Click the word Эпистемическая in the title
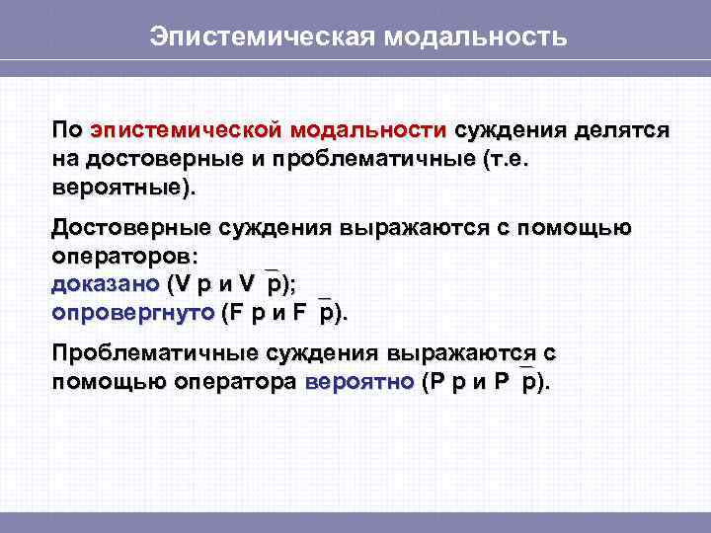point(260,38)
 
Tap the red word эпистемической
point(187,130)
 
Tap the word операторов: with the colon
point(124,257)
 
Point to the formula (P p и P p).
point(486,382)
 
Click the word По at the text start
point(66,130)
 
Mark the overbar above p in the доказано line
point(274,268)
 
